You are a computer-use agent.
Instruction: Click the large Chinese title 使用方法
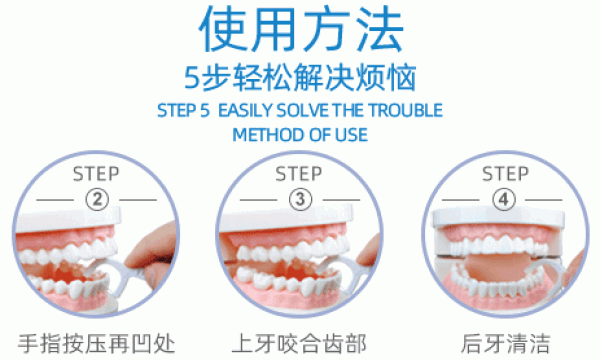pos(300,32)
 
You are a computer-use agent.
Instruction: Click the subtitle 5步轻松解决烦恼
pos(300,78)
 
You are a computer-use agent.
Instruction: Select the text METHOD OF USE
pos(300,133)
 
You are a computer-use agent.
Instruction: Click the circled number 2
pos(98,199)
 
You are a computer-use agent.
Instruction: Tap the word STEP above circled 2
pos(98,174)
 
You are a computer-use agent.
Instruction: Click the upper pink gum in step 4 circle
pos(500,228)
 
